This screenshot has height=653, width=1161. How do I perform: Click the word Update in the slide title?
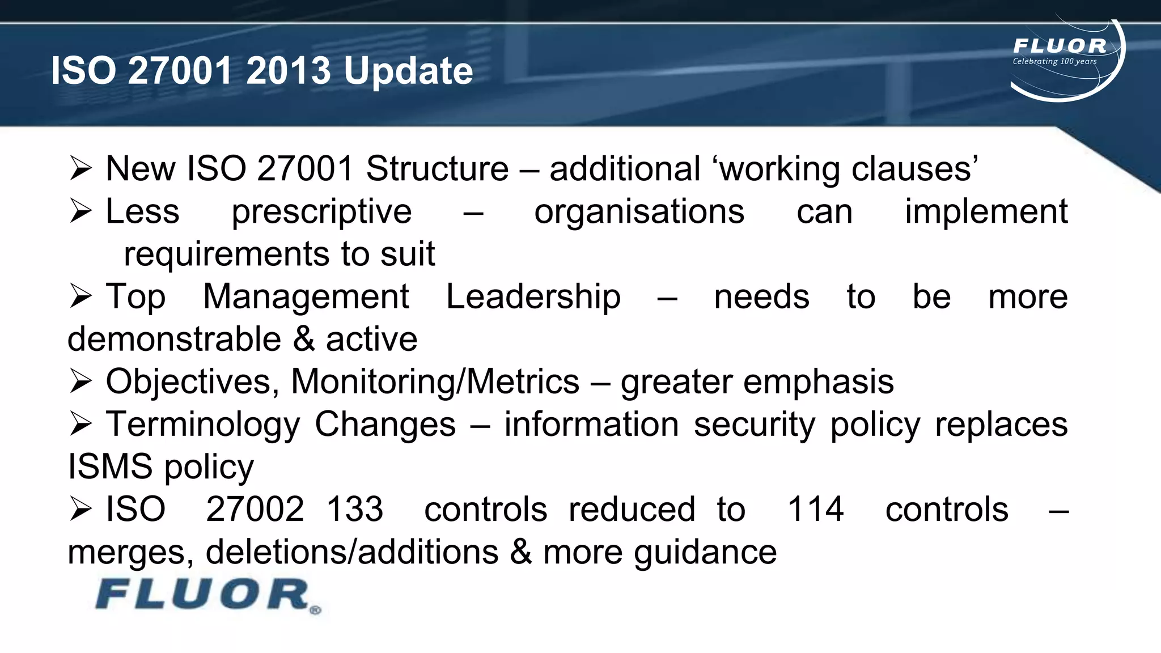click(x=408, y=71)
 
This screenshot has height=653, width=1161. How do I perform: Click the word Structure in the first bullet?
click(x=437, y=169)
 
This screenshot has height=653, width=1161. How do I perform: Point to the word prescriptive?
click(x=321, y=212)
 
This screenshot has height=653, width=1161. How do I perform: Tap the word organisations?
click(x=639, y=212)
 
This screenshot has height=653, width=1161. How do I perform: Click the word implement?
click(x=986, y=212)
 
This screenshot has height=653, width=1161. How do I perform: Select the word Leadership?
click(x=533, y=297)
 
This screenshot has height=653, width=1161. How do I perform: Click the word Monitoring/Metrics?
click(x=435, y=382)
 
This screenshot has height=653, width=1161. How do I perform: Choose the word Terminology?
click(x=202, y=425)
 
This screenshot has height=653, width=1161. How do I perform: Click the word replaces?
click(x=1001, y=425)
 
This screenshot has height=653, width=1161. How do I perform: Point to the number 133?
click(x=355, y=509)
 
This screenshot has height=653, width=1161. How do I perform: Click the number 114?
click(x=815, y=509)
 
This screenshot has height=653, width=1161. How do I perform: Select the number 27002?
click(x=255, y=509)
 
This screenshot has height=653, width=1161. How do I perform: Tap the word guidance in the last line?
click(x=705, y=552)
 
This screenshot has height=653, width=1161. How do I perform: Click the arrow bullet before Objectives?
click(x=80, y=381)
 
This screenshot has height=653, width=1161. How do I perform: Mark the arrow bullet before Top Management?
click(x=80, y=296)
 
